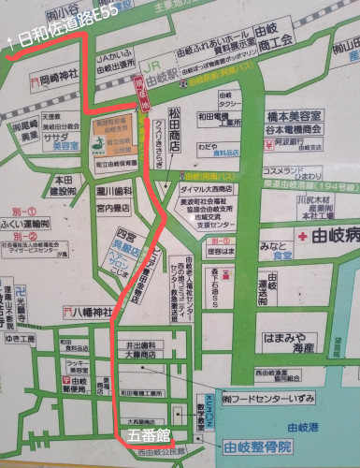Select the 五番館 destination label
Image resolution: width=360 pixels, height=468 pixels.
(x=150, y=436)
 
